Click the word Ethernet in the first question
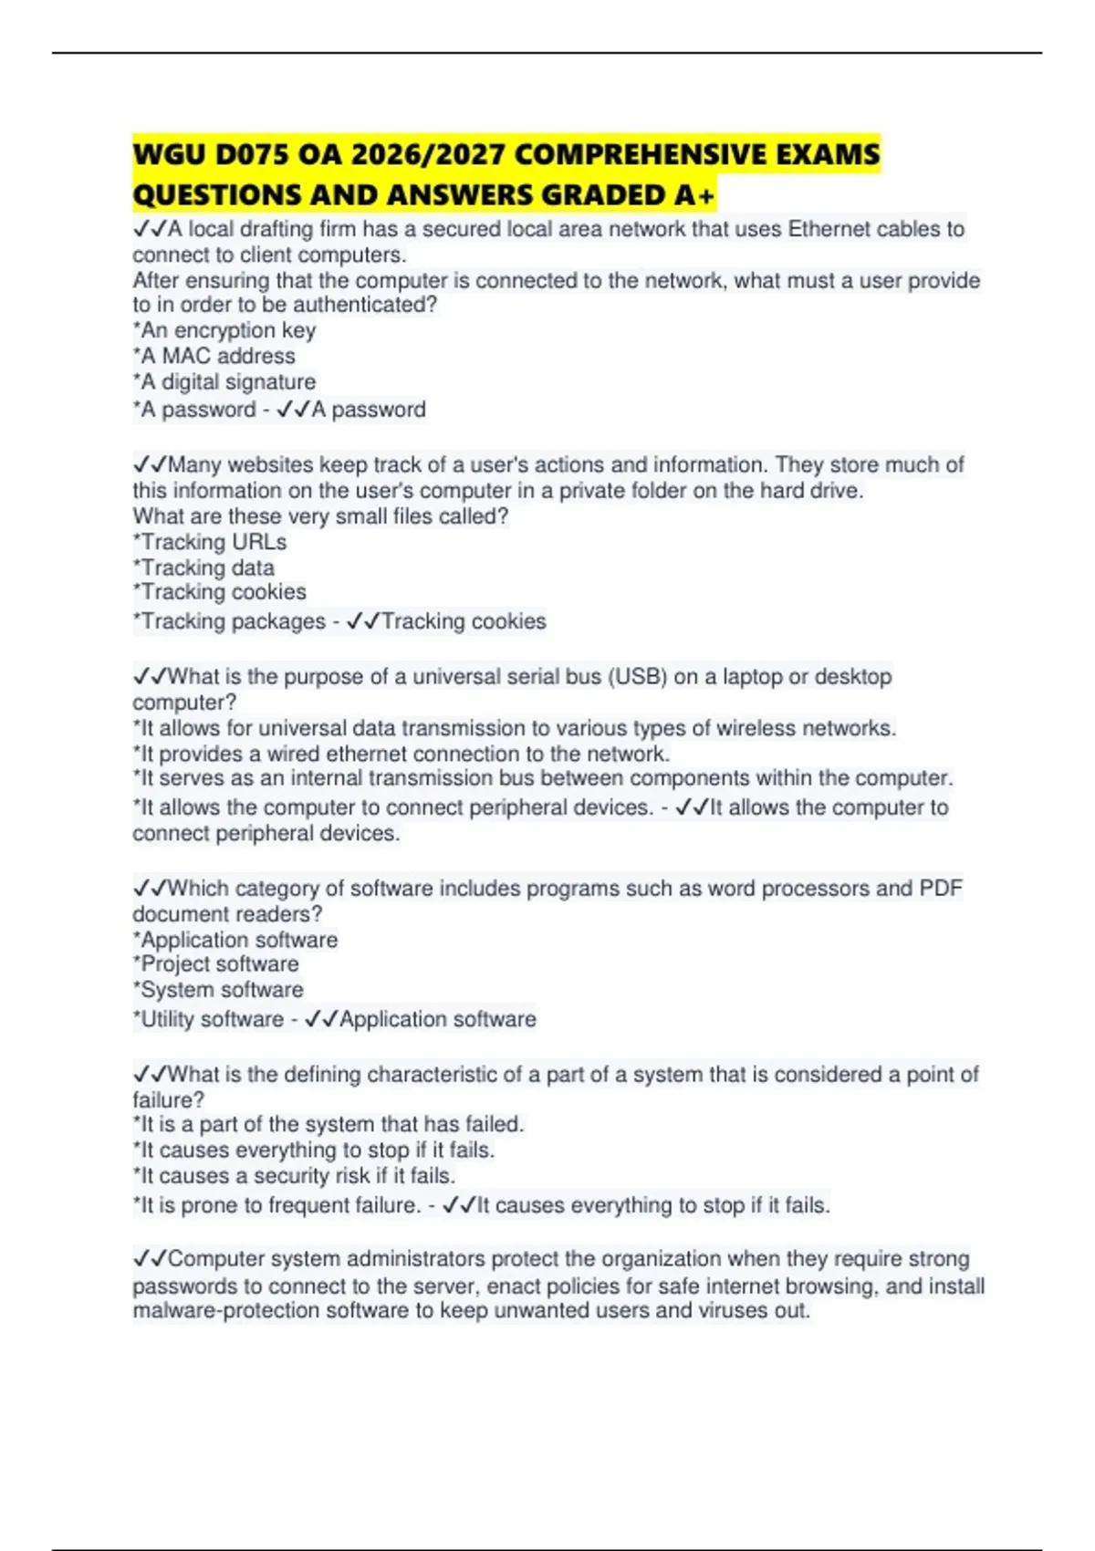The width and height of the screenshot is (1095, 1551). point(828,229)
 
